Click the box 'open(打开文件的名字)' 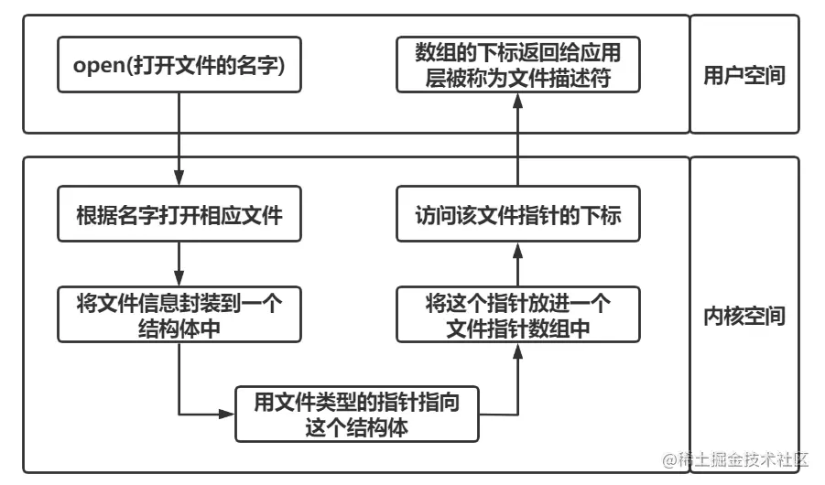(x=179, y=65)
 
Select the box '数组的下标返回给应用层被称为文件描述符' (x=518, y=65)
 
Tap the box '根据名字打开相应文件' (x=179, y=216)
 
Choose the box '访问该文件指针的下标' (x=518, y=216)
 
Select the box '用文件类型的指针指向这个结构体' (x=356, y=414)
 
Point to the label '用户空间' (x=744, y=75)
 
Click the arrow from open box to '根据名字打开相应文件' (x=179, y=137)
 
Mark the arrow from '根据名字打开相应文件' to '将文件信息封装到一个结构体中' (x=179, y=265)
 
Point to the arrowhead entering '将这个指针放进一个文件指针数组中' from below (x=518, y=350)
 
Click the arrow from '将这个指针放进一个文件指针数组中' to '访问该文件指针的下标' (x=518, y=265)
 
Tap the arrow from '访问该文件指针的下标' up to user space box (x=518, y=137)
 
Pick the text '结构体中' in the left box (x=179, y=329)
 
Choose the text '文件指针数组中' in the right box (x=518, y=329)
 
